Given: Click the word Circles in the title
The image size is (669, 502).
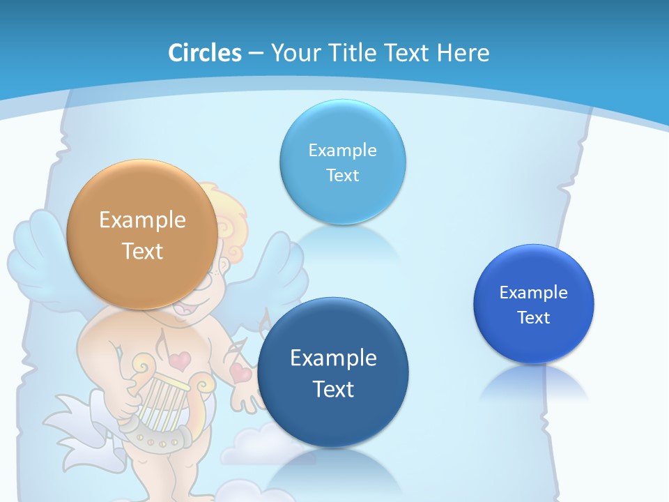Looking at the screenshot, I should pos(205,53).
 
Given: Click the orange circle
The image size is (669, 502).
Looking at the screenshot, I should pos(141,234).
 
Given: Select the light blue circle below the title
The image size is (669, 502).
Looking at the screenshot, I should pos(342,162).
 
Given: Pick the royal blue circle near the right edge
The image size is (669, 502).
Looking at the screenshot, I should pos(534,303).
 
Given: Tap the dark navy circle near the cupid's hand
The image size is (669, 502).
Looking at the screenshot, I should pos(333,372).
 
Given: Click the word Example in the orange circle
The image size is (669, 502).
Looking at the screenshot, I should pos(142,220).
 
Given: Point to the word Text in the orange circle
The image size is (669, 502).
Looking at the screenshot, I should pos(142,251).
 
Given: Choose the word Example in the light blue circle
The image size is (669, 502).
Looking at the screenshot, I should pos(342,150).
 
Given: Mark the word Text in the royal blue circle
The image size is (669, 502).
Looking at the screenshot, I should pos(534,318).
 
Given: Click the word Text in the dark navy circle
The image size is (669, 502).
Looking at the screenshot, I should pos(333,389).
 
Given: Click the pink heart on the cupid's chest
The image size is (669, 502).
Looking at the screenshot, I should pos(180,360).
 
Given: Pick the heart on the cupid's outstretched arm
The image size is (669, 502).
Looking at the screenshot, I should pos(241,373).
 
